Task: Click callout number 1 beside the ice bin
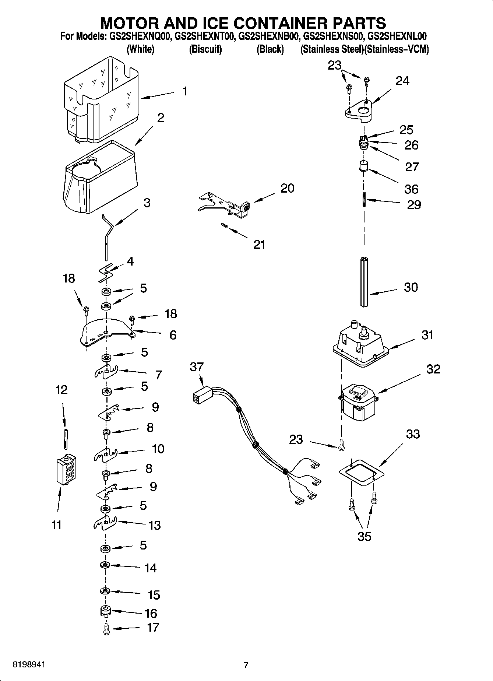pyautogui.click(x=185, y=91)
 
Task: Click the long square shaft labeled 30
pyautogui.click(x=364, y=282)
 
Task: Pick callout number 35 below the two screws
pyautogui.click(x=364, y=536)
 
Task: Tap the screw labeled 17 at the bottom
pyautogui.click(x=107, y=629)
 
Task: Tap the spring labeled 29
pyautogui.click(x=364, y=200)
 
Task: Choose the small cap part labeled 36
pyautogui.click(x=364, y=166)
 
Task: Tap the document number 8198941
pyautogui.click(x=29, y=665)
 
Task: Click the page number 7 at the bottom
pyautogui.click(x=246, y=665)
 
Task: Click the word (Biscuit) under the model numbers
pyautogui.click(x=205, y=49)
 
